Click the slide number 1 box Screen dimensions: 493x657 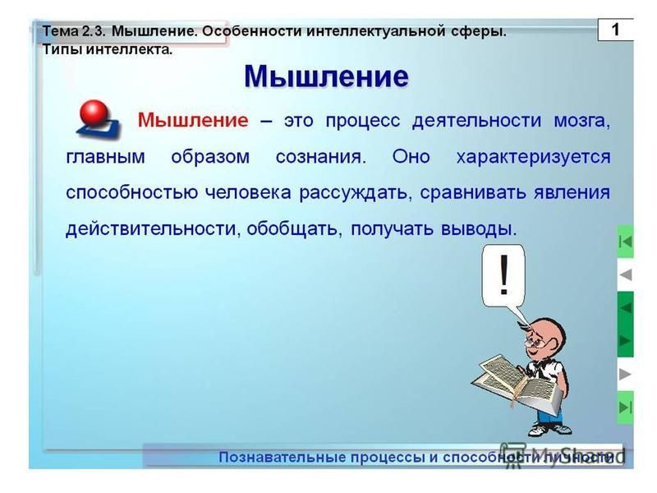tap(614, 30)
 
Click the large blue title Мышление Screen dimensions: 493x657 tap(326, 76)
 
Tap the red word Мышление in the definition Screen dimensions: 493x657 tap(192, 120)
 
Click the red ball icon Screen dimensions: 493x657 tap(98, 113)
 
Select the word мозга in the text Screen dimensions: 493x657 tap(580, 121)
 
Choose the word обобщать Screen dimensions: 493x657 tap(293, 228)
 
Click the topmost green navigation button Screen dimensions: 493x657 tap(626, 242)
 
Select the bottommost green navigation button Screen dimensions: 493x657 tap(626, 406)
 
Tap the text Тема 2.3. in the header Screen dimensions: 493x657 tap(73, 31)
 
